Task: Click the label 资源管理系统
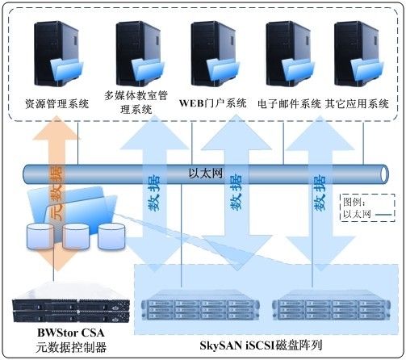(x=57, y=104)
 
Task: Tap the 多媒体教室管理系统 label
(x=136, y=103)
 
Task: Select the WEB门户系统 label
(x=213, y=103)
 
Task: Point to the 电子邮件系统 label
(x=289, y=104)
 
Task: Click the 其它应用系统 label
(x=357, y=104)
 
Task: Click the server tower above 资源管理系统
(x=58, y=54)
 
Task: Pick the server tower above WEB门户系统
(x=215, y=54)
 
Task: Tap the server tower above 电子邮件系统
(x=290, y=54)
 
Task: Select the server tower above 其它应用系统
(x=358, y=54)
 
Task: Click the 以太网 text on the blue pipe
(x=206, y=174)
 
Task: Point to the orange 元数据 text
(x=57, y=193)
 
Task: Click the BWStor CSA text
(x=71, y=333)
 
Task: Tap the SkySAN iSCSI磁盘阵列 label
(x=261, y=345)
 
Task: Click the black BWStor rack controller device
(x=71, y=309)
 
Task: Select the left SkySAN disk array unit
(x=200, y=308)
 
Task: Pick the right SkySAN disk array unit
(x=332, y=308)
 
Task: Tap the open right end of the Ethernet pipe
(x=384, y=174)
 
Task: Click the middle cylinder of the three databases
(x=76, y=237)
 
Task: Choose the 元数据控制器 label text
(x=71, y=347)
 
